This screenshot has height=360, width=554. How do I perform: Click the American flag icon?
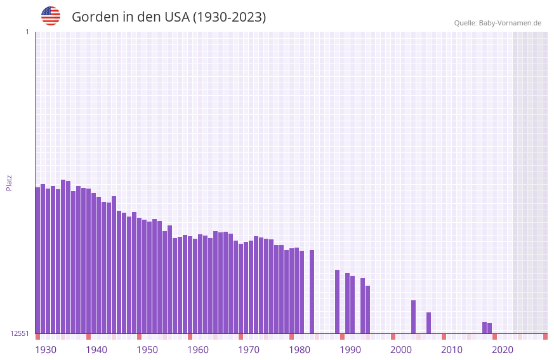51,16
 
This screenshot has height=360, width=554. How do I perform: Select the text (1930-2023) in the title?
229,17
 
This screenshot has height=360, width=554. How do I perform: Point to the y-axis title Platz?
9,182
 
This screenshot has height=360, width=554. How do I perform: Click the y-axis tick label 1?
27,32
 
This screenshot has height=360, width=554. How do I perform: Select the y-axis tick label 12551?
20,333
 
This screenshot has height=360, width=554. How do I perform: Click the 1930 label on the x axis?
46,350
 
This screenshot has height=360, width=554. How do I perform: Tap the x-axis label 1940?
96,350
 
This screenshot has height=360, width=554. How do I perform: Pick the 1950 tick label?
147,350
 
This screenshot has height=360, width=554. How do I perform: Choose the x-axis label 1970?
249,350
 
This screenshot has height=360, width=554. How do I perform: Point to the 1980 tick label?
300,350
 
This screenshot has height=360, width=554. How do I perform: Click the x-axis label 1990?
350,350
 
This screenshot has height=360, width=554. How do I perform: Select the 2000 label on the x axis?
401,350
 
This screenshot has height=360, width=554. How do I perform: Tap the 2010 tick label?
452,350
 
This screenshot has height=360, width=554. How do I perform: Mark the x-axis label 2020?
503,350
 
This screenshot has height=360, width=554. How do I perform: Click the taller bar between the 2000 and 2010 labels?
413,317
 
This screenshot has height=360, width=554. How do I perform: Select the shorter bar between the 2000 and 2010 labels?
428,323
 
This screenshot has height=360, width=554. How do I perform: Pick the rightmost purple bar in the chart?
489,328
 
